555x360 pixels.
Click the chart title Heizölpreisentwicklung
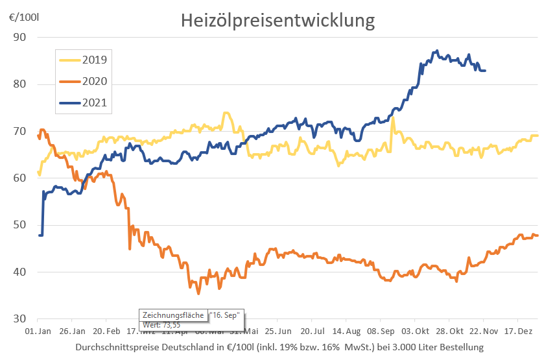coord(277,20)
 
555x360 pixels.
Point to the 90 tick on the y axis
coord(19,37)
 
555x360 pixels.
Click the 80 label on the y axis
coord(19,84)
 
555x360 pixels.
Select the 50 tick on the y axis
coord(19,225)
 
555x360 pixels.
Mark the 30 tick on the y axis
coord(19,318)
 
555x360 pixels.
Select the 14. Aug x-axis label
coord(345,330)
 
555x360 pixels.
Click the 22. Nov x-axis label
coord(482,330)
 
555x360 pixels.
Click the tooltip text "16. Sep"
coord(225,315)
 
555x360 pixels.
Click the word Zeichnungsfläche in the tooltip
coord(173,315)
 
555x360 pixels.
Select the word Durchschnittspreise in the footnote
coord(113,347)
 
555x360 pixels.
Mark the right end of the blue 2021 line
coord(486,70)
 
